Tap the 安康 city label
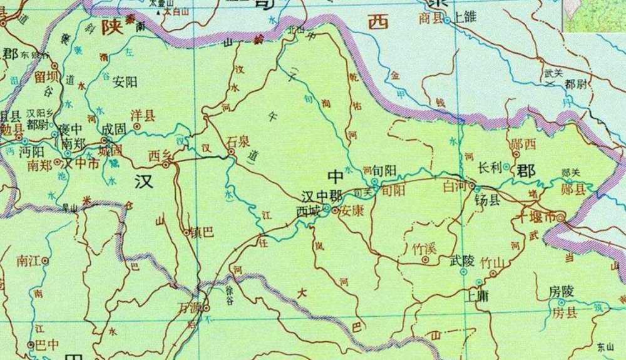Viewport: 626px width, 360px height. click(352, 211)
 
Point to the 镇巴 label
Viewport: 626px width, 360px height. click(203, 232)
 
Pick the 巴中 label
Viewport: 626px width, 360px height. click(47, 344)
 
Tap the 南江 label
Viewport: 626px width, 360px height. click(29, 259)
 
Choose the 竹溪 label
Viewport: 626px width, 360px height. click(424, 247)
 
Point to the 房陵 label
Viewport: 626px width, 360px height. click(561, 291)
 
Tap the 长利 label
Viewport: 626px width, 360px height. click(490, 168)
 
